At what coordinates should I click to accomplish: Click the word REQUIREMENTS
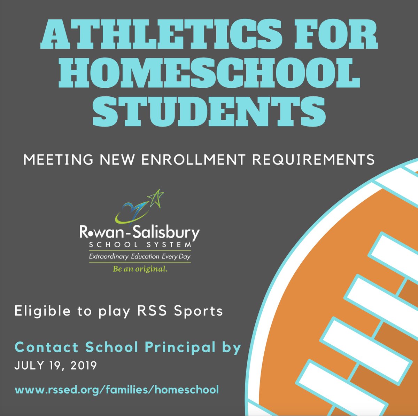click(313, 160)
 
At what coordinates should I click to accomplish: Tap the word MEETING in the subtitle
click(59, 160)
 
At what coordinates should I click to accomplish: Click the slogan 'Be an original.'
click(140, 269)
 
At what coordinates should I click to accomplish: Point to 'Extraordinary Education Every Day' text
click(140, 257)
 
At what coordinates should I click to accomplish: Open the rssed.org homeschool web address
click(117, 389)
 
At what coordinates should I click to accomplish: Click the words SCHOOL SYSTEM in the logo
click(140, 245)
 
